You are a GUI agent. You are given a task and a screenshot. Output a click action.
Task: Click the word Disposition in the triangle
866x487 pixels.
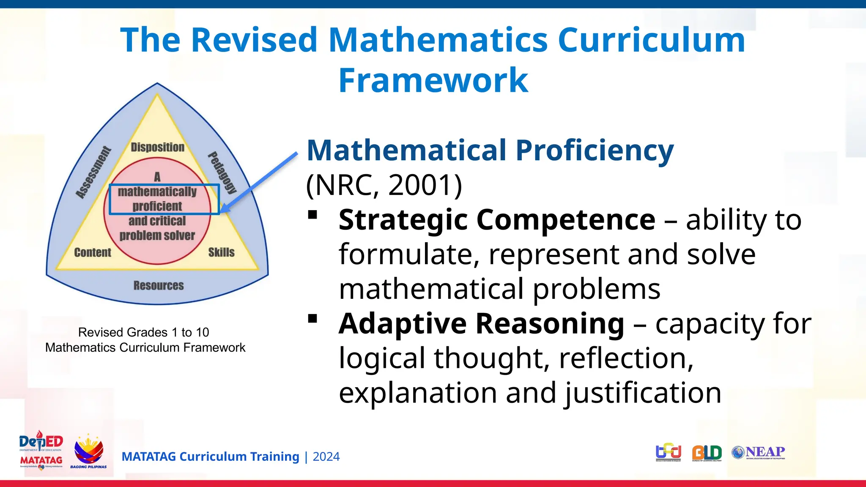point(157,147)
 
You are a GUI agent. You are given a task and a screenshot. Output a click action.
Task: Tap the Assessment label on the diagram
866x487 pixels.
point(93,172)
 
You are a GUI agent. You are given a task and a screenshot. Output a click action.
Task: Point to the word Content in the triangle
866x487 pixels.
point(93,252)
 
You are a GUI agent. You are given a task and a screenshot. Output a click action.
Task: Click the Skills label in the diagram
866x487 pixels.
point(221,252)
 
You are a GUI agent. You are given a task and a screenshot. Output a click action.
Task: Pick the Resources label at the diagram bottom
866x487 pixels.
point(159,286)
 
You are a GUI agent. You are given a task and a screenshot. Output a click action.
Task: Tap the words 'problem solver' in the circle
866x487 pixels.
point(157,235)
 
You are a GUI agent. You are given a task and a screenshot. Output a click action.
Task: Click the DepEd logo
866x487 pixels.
point(41,442)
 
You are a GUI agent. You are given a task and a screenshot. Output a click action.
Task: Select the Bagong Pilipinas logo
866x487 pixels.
point(88,451)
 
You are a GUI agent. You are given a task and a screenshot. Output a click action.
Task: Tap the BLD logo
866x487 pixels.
point(707,453)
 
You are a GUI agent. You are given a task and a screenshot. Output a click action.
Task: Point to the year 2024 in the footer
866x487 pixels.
point(326,457)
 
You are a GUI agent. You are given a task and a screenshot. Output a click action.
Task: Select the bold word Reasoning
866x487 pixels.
point(550,323)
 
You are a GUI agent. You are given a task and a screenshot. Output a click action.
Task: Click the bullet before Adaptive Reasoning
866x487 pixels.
point(313,319)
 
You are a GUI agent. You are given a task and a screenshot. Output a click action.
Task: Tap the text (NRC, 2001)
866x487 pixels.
point(384,185)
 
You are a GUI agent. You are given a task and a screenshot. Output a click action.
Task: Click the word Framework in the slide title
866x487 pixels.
point(433,80)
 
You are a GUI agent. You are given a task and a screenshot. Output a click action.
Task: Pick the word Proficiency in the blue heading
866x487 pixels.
point(595,150)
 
